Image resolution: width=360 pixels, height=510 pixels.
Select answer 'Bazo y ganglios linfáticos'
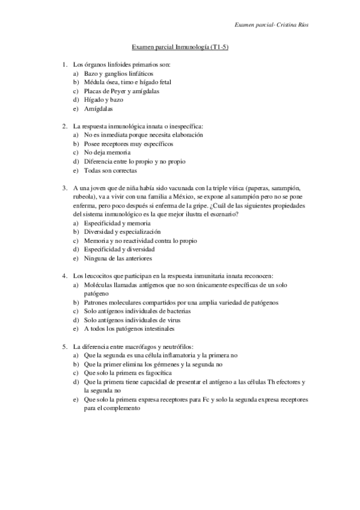click(114, 73)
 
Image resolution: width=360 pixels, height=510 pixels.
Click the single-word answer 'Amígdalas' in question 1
click(98, 109)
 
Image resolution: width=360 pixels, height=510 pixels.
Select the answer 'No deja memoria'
click(106, 152)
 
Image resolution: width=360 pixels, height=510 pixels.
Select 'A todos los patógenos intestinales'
click(126, 329)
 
